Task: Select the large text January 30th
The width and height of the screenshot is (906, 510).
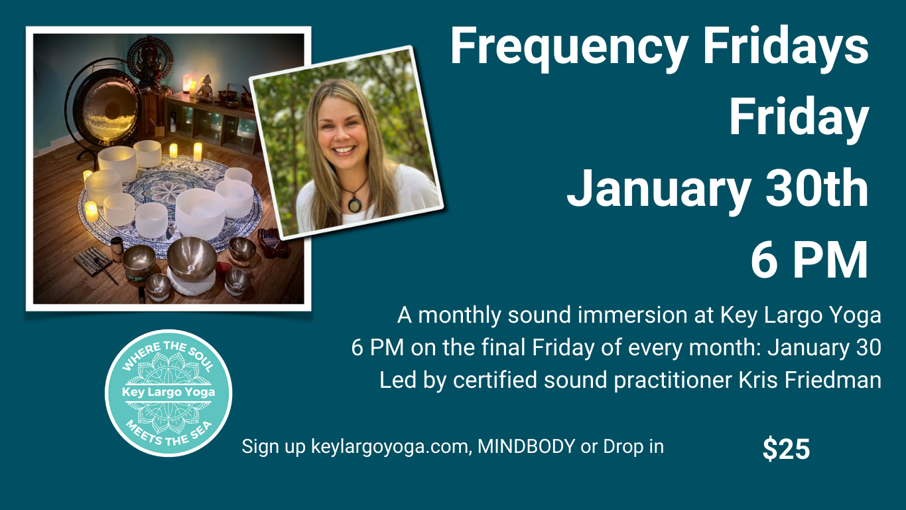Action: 718,188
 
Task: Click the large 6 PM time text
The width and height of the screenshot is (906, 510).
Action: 809,260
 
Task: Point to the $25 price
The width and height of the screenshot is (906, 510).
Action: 786,449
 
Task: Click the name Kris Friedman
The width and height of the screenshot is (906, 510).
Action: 810,380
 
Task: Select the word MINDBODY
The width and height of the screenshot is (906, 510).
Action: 526,446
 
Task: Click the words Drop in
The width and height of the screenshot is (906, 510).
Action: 633,446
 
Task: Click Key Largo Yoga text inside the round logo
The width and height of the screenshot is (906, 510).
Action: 168,392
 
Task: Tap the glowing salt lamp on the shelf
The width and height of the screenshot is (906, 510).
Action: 187,83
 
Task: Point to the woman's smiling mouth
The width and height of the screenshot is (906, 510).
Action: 344,150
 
